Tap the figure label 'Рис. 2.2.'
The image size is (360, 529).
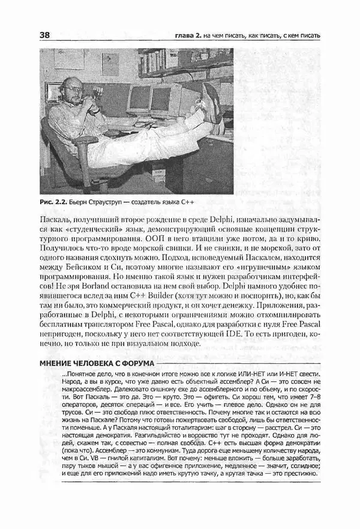[53, 202]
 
